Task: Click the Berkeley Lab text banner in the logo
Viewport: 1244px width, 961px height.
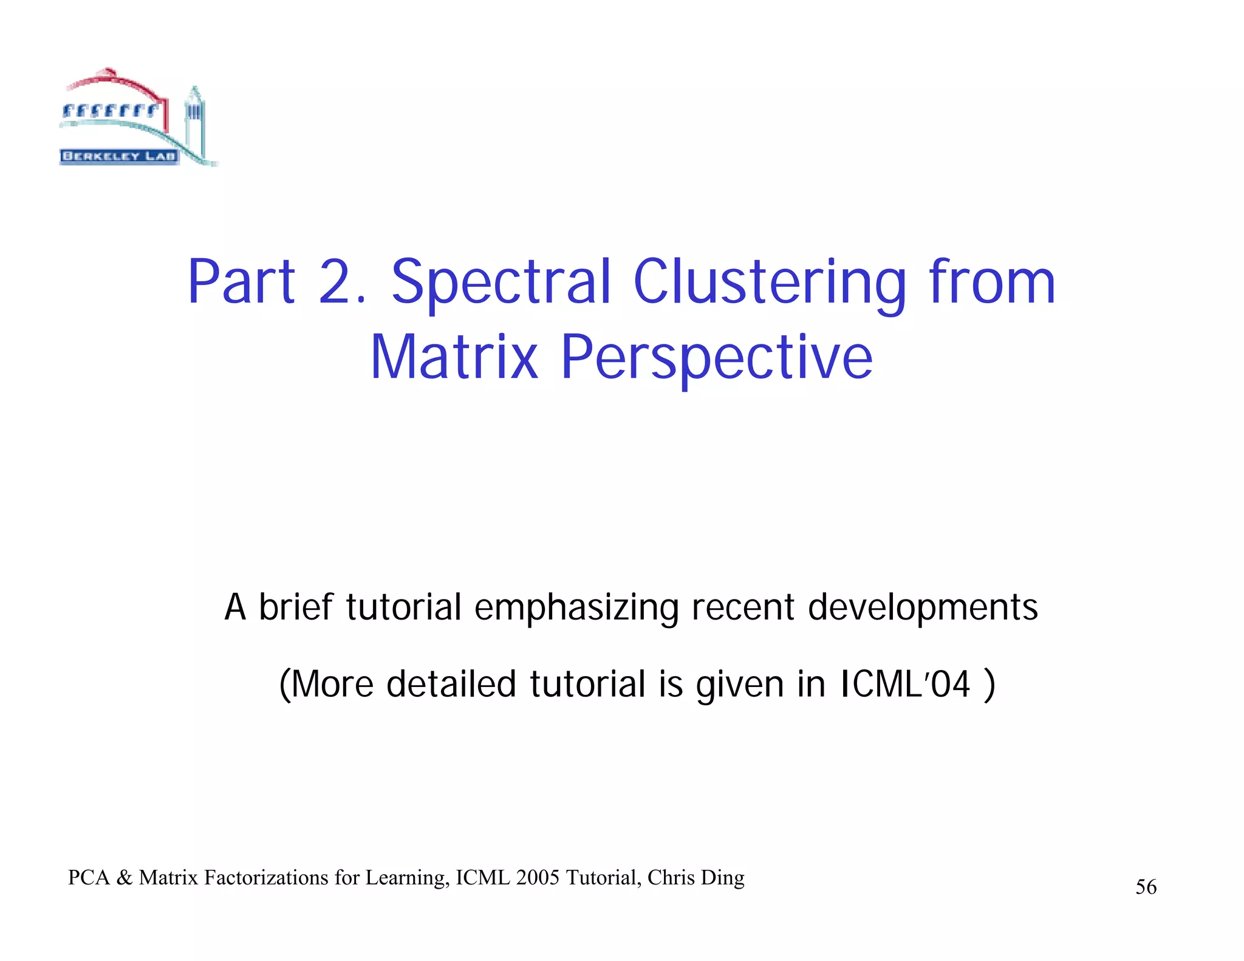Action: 119,156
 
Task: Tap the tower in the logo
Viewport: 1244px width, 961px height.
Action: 194,119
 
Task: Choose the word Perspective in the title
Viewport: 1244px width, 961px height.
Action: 717,358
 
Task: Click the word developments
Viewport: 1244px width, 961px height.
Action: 923,608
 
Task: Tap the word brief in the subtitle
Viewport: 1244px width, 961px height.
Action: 296,607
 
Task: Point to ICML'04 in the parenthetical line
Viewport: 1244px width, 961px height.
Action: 905,684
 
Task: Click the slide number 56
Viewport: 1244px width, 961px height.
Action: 1146,887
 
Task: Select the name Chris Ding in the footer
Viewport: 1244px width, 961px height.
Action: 696,878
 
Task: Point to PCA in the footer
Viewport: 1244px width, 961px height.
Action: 89,878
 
